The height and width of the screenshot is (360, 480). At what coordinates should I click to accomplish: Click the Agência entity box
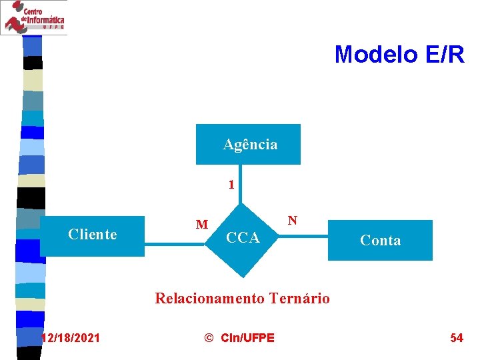pos(248,144)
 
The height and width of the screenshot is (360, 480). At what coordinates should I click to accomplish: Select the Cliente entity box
pos(92,236)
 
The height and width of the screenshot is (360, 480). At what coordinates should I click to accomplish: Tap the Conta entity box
pos(380,240)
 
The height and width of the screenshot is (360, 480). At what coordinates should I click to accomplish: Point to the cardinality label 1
pos(231,185)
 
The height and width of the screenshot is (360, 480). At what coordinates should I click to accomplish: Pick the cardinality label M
pos(202,225)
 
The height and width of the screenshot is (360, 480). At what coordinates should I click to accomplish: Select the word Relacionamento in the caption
pos(210,298)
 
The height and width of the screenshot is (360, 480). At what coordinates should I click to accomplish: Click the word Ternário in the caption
pos(299,298)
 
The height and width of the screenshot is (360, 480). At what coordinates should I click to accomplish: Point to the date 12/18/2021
pos(70,338)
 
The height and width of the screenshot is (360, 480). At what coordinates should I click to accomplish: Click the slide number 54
pos(457,338)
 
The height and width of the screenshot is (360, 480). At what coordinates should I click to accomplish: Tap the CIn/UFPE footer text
pos(247,338)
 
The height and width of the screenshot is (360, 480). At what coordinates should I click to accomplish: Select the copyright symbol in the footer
pos(209,338)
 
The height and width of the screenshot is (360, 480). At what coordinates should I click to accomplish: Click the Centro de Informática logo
pos(34,17)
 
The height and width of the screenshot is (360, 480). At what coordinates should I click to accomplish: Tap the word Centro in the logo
pos(34,11)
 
